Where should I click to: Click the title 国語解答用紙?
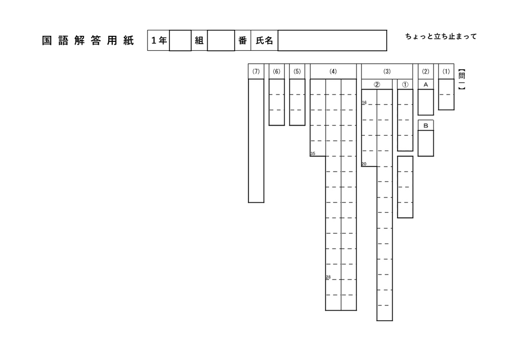(87, 41)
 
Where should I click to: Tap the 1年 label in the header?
(159, 40)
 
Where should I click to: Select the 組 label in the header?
(199, 40)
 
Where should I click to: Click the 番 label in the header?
(243, 40)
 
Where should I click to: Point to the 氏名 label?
(264, 40)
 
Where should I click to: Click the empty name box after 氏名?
(332, 40)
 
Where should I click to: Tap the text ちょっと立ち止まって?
(441, 36)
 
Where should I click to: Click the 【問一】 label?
(462, 79)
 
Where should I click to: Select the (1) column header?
(446, 72)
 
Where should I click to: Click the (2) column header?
(425, 72)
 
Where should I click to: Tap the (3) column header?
(387, 72)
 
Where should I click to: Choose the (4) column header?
(333, 72)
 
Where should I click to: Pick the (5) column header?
(297, 72)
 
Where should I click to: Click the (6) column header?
(276, 72)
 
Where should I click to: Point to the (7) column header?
(256, 72)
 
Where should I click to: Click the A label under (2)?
(426, 85)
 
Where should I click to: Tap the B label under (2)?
(426, 126)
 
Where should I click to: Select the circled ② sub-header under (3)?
(377, 85)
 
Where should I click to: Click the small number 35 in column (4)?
(313, 154)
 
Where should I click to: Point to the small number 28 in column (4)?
(328, 277)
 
